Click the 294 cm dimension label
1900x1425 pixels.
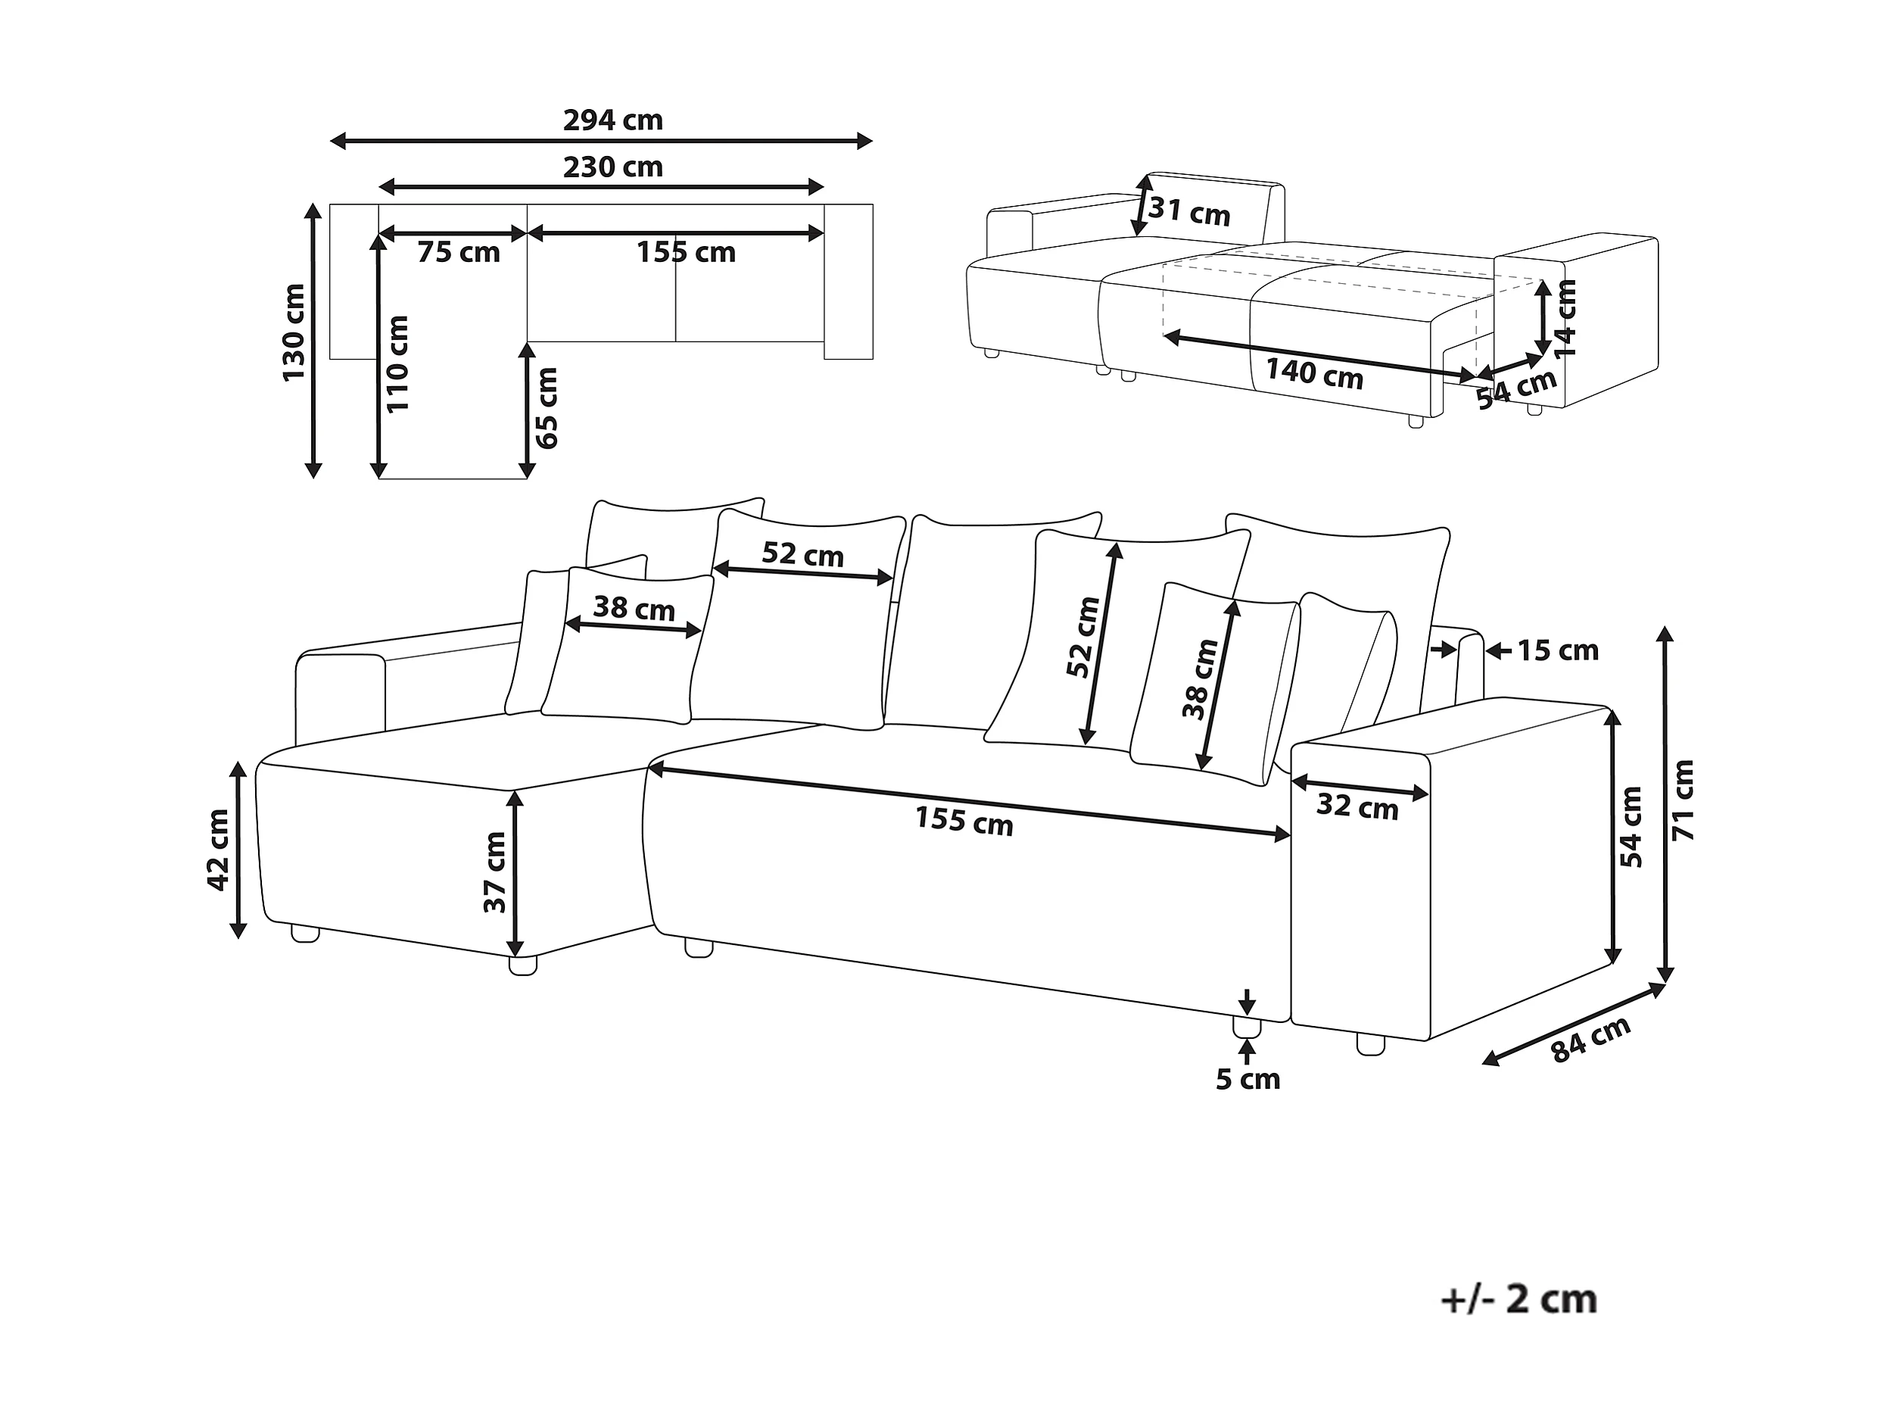point(612,120)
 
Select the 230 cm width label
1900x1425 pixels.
point(612,167)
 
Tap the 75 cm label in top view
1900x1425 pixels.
point(459,253)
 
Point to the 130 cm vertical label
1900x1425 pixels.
point(294,332)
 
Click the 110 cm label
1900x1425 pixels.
point(397,363)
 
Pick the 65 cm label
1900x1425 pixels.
point(547,408)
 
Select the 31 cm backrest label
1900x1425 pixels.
point(1190,210)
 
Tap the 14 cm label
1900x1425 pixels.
point(1567,318)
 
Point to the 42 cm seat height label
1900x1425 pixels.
point(218,850)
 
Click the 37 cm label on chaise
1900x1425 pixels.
point(495,871)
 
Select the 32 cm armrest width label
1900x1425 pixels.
point(1358,806)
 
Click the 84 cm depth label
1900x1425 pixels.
point(1591,1040)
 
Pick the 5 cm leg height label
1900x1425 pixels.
point(1248,1080)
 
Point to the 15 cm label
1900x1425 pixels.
point(1558,651)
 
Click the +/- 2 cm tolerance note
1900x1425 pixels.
point(1518,1299)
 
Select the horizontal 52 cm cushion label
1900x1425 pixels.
point(803,555)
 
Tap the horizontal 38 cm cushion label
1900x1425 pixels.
point(634,608)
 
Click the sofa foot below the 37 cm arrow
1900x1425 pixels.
point(523,965)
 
